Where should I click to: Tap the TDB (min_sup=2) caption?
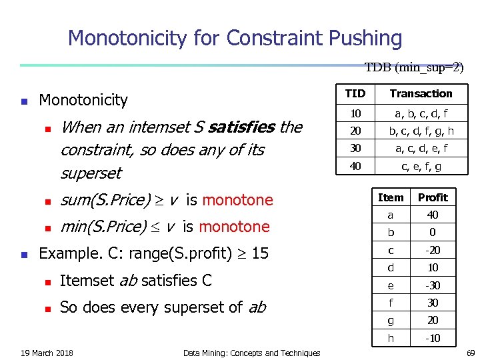click(x=414, y=67)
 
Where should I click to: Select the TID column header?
click(x=355, y=93)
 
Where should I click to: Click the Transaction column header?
click(x=421, y=93)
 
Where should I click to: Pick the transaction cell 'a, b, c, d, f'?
click(x=421, y=113)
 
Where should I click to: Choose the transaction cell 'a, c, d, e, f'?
click(x=421, y=148)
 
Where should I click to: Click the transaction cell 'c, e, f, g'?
click(x=421, y=165)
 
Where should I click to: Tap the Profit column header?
click(x=433, y=197)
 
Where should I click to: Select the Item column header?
click(x=391, y=197)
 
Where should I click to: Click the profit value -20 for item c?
click(x=433, y=250)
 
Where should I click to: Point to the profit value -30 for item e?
click(x=433, y=285)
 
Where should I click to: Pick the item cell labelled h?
click(x=391, y=338)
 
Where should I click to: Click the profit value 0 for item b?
click(x=433, y=233)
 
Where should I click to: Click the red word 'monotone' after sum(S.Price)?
click(x=237, y=200)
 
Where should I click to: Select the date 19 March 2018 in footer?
click(x=47, y=353)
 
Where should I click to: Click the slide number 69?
click(x=470, y=352)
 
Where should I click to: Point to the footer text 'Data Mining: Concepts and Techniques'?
click(x=251, y=353)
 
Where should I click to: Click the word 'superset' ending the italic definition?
click(x=91, y=173)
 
